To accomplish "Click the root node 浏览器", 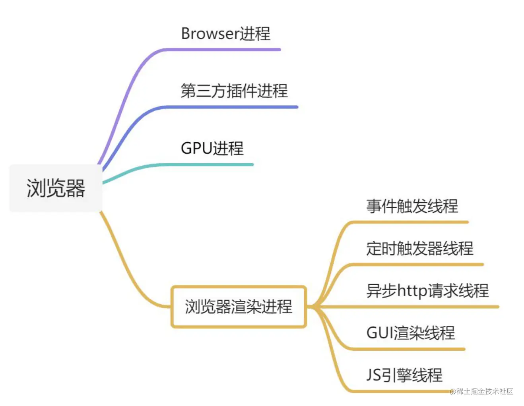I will [x=56, y=188].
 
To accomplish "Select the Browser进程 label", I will [x=225, y=34].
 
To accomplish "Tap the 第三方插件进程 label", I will [x=234, y=91].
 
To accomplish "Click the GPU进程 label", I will [x=212, y=148].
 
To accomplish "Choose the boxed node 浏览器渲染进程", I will [x=239, y=307].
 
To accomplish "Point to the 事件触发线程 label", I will [x=412, y=206].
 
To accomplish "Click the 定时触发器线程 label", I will [x=419, y=248].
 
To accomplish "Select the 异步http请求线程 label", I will [x=427, y=290].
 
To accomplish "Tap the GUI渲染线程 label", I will [x=410, y=333].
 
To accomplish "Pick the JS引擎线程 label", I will [x=404, y=375].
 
